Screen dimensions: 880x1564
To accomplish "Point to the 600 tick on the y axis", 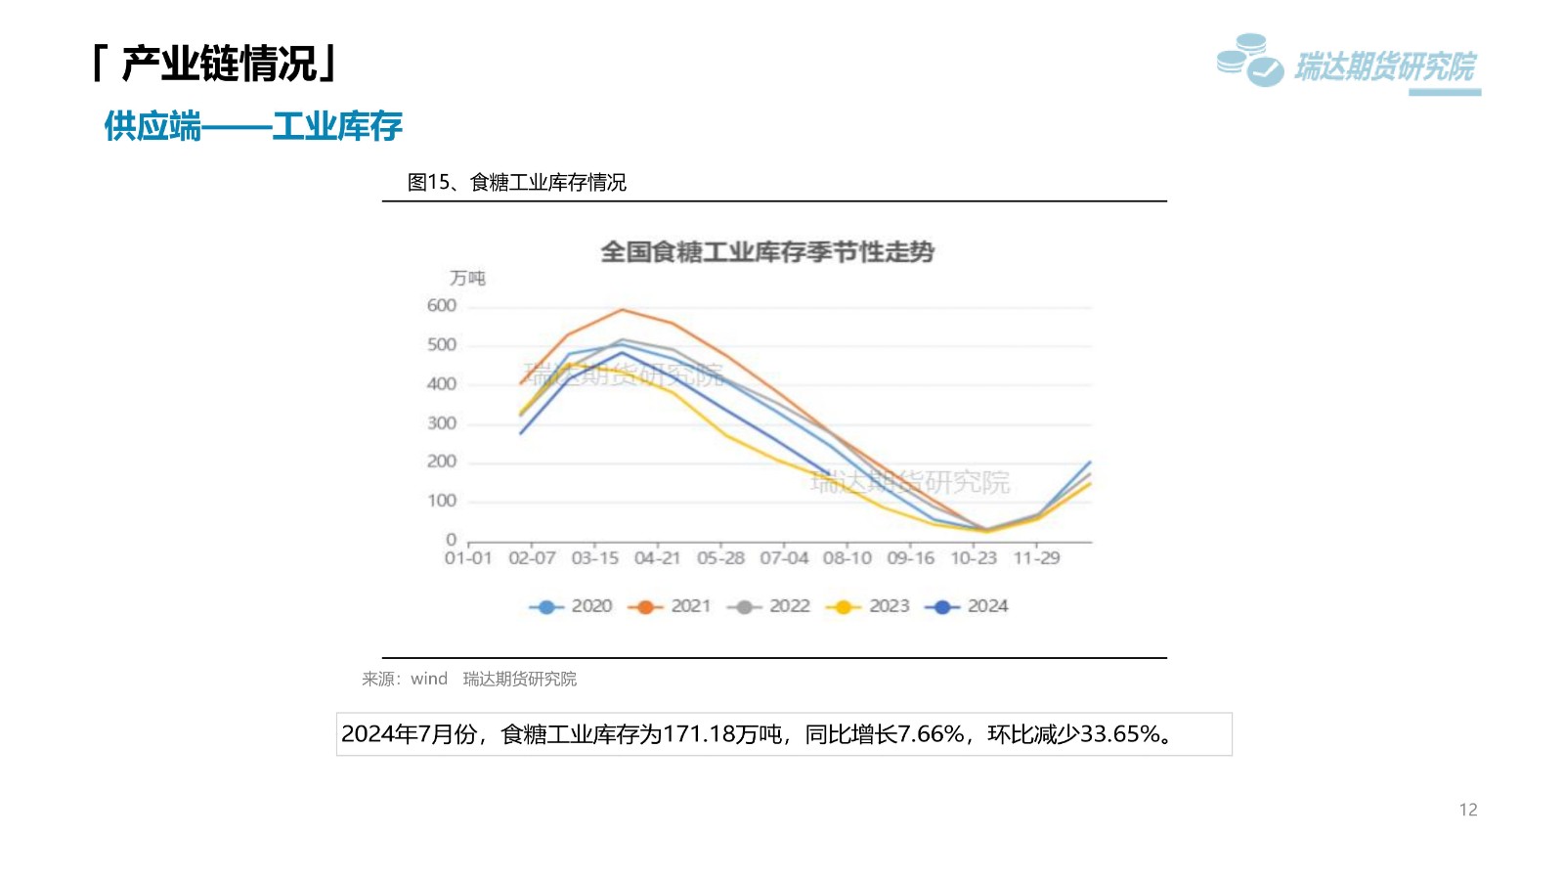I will click(x=442, y=306).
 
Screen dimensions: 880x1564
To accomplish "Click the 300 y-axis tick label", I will click(x=442, y=423).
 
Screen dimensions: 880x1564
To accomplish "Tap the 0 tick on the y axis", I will click(x=451, y=540).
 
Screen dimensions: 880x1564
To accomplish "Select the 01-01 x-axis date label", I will click(x=468, y=558).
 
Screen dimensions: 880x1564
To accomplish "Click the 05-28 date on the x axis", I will click(x=720, y=558).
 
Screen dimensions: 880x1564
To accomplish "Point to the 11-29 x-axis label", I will click(x=1036, y=558).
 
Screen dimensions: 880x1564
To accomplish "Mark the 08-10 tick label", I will click(x=847, y=558).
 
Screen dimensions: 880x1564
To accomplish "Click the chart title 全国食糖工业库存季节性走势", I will click(x=767, y=252).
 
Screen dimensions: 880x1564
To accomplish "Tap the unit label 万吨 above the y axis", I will click(x=467, y=279).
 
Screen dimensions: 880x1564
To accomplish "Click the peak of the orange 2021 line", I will click(x=623, y=310).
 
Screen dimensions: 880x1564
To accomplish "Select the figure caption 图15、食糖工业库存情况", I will click(x=516, y=183).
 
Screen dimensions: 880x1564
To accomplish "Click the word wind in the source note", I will click(x=429, y=679).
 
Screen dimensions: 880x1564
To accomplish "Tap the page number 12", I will click(x=1467, y=810).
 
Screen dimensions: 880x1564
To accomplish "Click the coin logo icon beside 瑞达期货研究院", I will click(x=1249, y=61).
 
